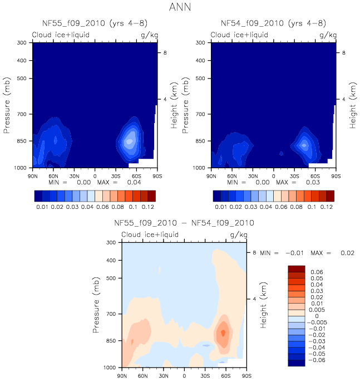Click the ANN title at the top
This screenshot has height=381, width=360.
tap(179, 8)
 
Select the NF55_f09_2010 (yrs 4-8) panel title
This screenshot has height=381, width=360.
tap(95, 23)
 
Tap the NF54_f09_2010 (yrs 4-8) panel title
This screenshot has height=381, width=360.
tap(273, 23)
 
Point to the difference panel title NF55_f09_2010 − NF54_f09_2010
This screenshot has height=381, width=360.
tap(184, 223)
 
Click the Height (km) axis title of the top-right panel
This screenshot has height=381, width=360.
tap(353, 105)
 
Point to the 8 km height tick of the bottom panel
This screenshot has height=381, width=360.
tap(254, 252)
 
